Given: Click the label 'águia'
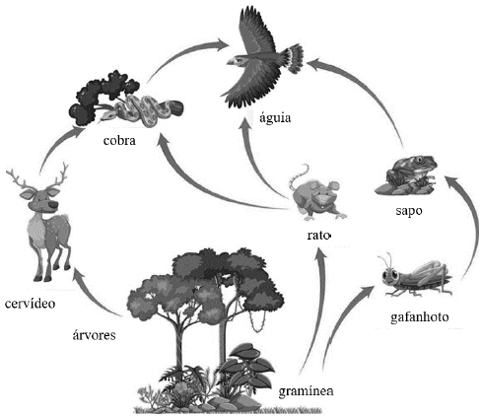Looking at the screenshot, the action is point(275,117).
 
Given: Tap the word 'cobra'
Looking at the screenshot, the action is point(119,140).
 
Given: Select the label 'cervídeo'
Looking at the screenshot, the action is point(30,304).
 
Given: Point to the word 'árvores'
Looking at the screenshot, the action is point(94,335).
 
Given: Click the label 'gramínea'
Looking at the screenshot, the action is point(306,391).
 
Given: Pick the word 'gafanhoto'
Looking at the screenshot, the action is point(420,317).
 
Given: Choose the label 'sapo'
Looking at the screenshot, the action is point(409,211).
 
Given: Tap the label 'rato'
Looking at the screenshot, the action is point(318,235).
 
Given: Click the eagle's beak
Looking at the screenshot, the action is point(231,61).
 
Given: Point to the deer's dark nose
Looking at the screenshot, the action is point(52,205).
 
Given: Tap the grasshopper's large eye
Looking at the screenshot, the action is point(394,274).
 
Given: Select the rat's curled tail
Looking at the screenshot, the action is point(301,174).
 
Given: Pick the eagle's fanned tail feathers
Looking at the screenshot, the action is point(293,59).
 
